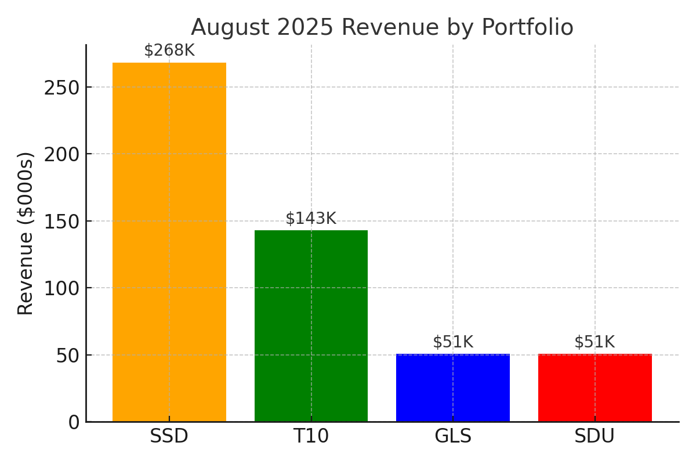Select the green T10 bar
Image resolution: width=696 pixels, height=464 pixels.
(311, 325)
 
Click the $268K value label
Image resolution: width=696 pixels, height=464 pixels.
(169, 51)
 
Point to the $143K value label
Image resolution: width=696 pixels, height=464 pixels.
(311, 219)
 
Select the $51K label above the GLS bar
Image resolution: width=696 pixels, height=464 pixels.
(453, 342)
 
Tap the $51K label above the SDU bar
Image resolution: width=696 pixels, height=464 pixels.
(594, 342)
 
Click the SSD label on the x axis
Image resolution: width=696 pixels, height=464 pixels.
(169, 436)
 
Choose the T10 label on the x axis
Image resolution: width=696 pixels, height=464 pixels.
(311, 436)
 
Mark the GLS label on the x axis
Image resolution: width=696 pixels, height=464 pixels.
(453, 436)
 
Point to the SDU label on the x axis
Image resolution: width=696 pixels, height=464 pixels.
(594, 436)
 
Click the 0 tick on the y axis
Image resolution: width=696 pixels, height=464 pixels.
(74, 422)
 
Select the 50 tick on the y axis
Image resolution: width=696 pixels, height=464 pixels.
(68, 356)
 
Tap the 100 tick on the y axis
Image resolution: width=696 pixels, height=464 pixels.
(62, 288)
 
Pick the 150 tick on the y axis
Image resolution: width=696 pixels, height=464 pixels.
(62, 222)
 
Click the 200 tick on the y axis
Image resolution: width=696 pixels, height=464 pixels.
(62, 154)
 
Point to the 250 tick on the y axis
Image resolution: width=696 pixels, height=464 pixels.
(62, 88)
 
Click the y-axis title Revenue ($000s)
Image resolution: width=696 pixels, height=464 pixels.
(26, 233)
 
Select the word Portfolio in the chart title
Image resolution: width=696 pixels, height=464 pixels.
(527, 28)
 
